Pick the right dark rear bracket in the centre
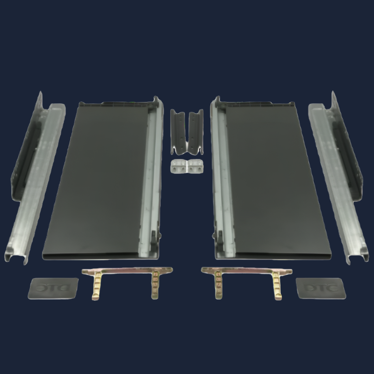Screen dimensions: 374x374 (x=196, y=131)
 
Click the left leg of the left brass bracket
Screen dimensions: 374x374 (x=96, y=288)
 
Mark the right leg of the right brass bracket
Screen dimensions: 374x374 (x=277, y=288)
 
